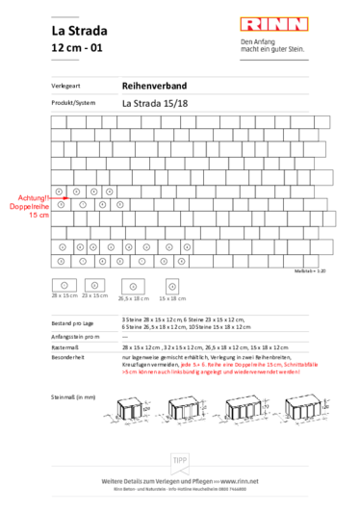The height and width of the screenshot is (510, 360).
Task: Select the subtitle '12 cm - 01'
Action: tap(77, 47)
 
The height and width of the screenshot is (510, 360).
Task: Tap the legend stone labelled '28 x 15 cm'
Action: tap(63, 286)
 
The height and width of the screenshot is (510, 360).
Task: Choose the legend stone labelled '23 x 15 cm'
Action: tap(94, 285)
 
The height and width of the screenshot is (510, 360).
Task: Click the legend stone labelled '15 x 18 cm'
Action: tap(172, 287)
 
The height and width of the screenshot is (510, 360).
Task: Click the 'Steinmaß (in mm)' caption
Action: tap(72, 396)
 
